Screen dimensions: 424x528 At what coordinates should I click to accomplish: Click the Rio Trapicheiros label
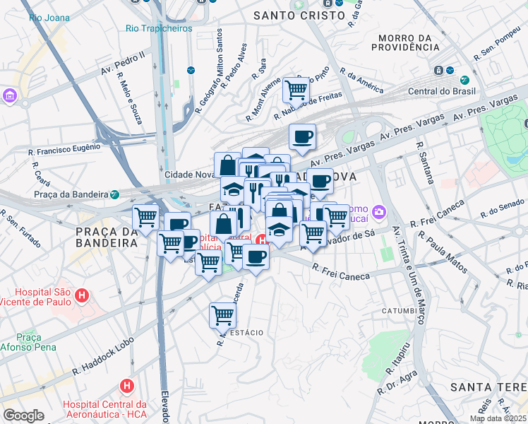158,29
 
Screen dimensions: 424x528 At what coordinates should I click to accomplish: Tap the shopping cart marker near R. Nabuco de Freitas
296,90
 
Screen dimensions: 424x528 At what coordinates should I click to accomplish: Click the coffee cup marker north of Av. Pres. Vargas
302,136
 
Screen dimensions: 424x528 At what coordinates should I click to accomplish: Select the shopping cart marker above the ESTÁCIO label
222,314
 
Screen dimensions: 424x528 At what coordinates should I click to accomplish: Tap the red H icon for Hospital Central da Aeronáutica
127,386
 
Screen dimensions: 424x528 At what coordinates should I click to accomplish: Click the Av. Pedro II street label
123,62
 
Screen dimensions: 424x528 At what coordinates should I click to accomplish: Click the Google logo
23,416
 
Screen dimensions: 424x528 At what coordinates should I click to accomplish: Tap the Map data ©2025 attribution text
498,418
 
